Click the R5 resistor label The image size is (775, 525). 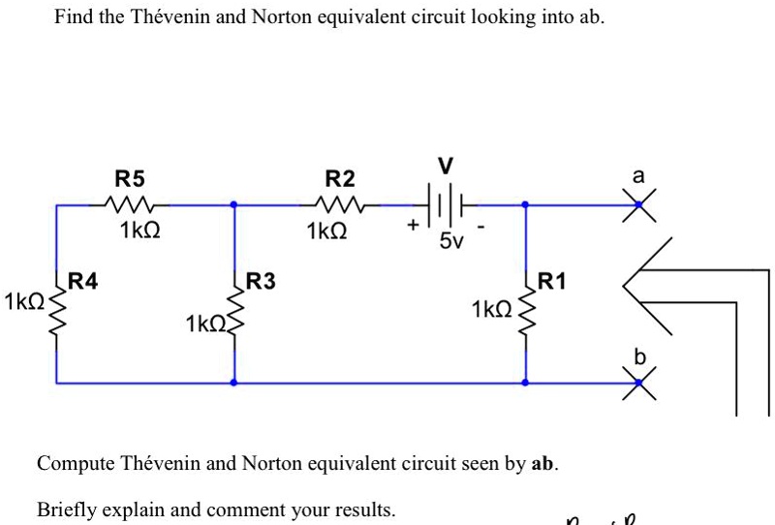[x=129, y=179]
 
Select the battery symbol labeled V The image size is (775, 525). [x=444, y=205]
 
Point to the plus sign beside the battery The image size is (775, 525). [x=414, y=225]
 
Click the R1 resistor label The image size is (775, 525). [x=550, y=282]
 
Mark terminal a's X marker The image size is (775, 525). [x=638, y=204]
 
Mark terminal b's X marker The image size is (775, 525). [x=638, y=383]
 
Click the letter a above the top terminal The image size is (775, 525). [x=637, y=177]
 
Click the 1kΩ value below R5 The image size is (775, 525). [x=139, y=232]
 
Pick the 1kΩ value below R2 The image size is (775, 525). [x=325, y=232]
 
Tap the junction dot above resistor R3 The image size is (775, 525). [x=233, y=204]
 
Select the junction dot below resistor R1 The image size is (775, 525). [x=525, y=383]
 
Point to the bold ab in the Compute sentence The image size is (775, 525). [x=544, y=463]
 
